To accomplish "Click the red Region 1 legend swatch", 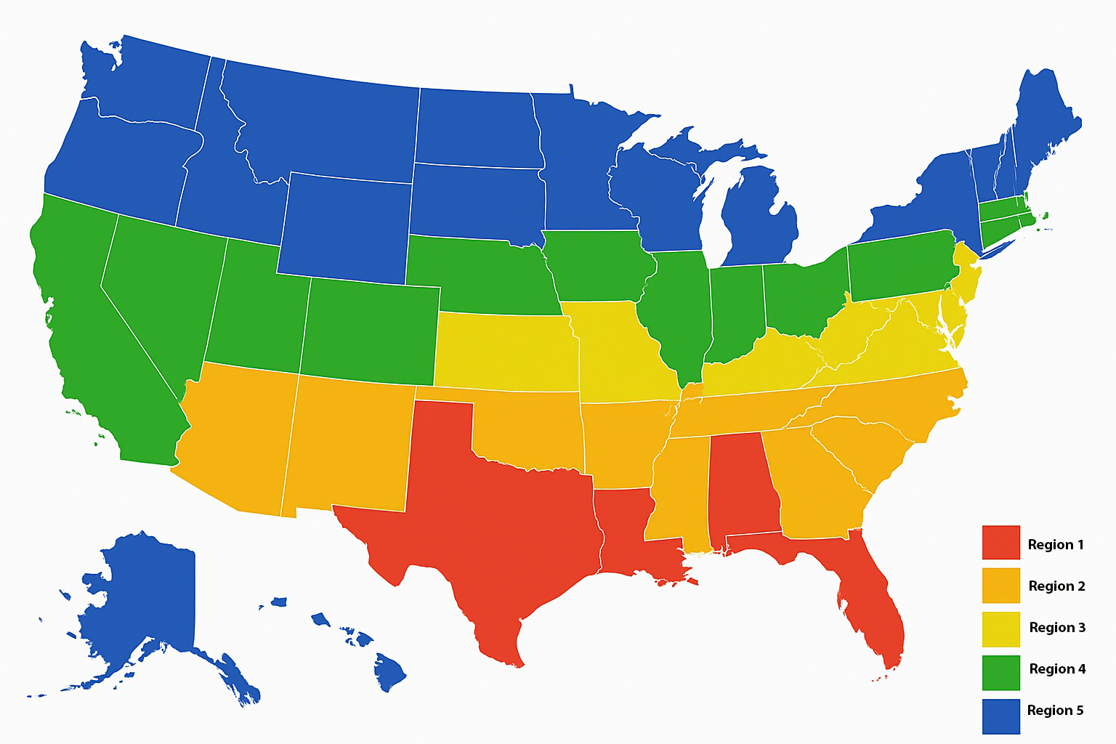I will (1000, 543).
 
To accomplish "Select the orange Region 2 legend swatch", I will (1000, 585).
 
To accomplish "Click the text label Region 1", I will (1055, 545).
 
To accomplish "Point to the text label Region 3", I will (1057, 628).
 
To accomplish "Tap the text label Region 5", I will (1055, 711).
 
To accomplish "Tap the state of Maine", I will (1043, 124).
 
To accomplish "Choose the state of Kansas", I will (505, 352).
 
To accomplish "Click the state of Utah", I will (254, 305).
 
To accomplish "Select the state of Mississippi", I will (676, 494).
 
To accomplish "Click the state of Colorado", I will (371, 331).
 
